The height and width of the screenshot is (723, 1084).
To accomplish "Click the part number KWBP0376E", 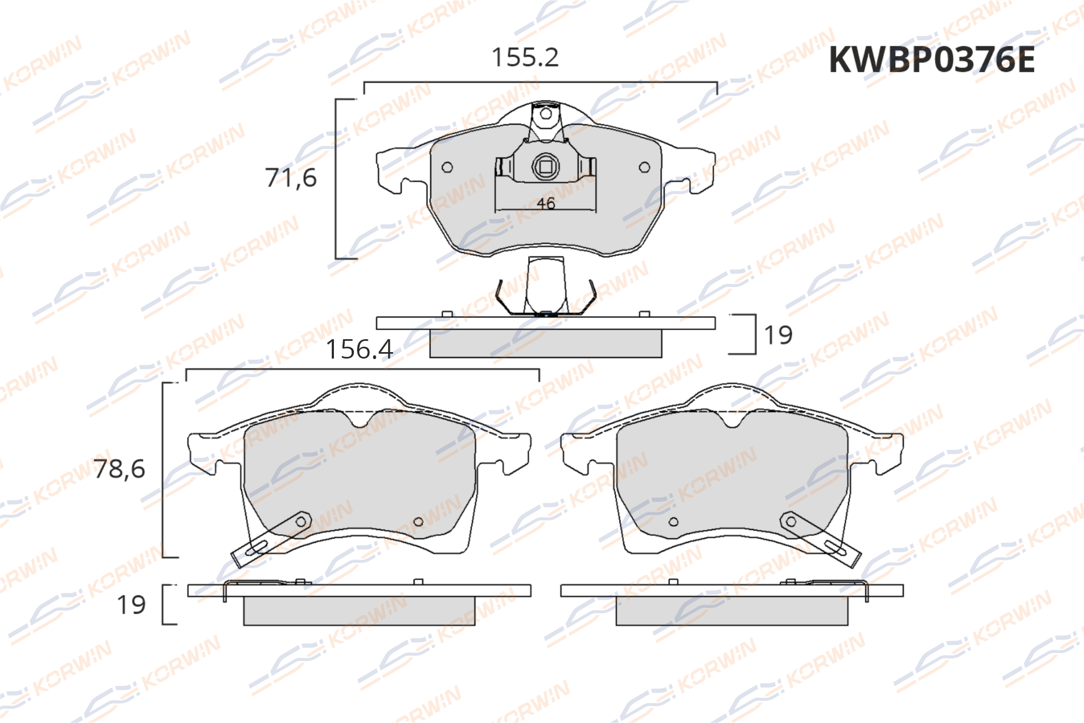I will (x=931, y=59).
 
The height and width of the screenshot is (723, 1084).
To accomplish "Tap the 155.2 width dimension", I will (x=525, y=58).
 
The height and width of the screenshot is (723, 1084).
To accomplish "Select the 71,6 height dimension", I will (x=291, y=178).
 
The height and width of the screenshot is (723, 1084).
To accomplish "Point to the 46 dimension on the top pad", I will (x=546, y=204).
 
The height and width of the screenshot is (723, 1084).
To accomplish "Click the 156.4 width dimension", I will (x=359, y=349).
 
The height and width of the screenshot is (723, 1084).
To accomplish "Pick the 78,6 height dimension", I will (x=119, y=469).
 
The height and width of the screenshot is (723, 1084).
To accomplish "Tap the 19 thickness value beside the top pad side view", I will (x=778, y=335).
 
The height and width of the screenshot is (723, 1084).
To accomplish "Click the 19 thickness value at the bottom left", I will (x=132, y=605).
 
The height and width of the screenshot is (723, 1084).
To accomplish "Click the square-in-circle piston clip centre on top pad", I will (x=546, y=167).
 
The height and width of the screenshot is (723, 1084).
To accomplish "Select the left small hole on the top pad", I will (x=447, y=168).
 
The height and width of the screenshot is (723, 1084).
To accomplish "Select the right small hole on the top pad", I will (x=644, y=168).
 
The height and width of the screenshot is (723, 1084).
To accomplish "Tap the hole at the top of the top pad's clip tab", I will (x=546, y=114).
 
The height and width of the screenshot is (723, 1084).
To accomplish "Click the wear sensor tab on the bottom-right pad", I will (x=820, y=539).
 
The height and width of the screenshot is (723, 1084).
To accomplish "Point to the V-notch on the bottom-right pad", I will (x=732, y=420).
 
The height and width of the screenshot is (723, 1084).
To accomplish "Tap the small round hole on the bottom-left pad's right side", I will (x=418, y=521).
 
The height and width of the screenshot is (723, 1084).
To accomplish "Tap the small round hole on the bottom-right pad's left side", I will (x=673, y=521).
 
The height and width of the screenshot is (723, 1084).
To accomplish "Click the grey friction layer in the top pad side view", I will (x=546, y=343).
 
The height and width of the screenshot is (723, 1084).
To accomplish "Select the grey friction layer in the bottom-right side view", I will (x=732, y=611).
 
